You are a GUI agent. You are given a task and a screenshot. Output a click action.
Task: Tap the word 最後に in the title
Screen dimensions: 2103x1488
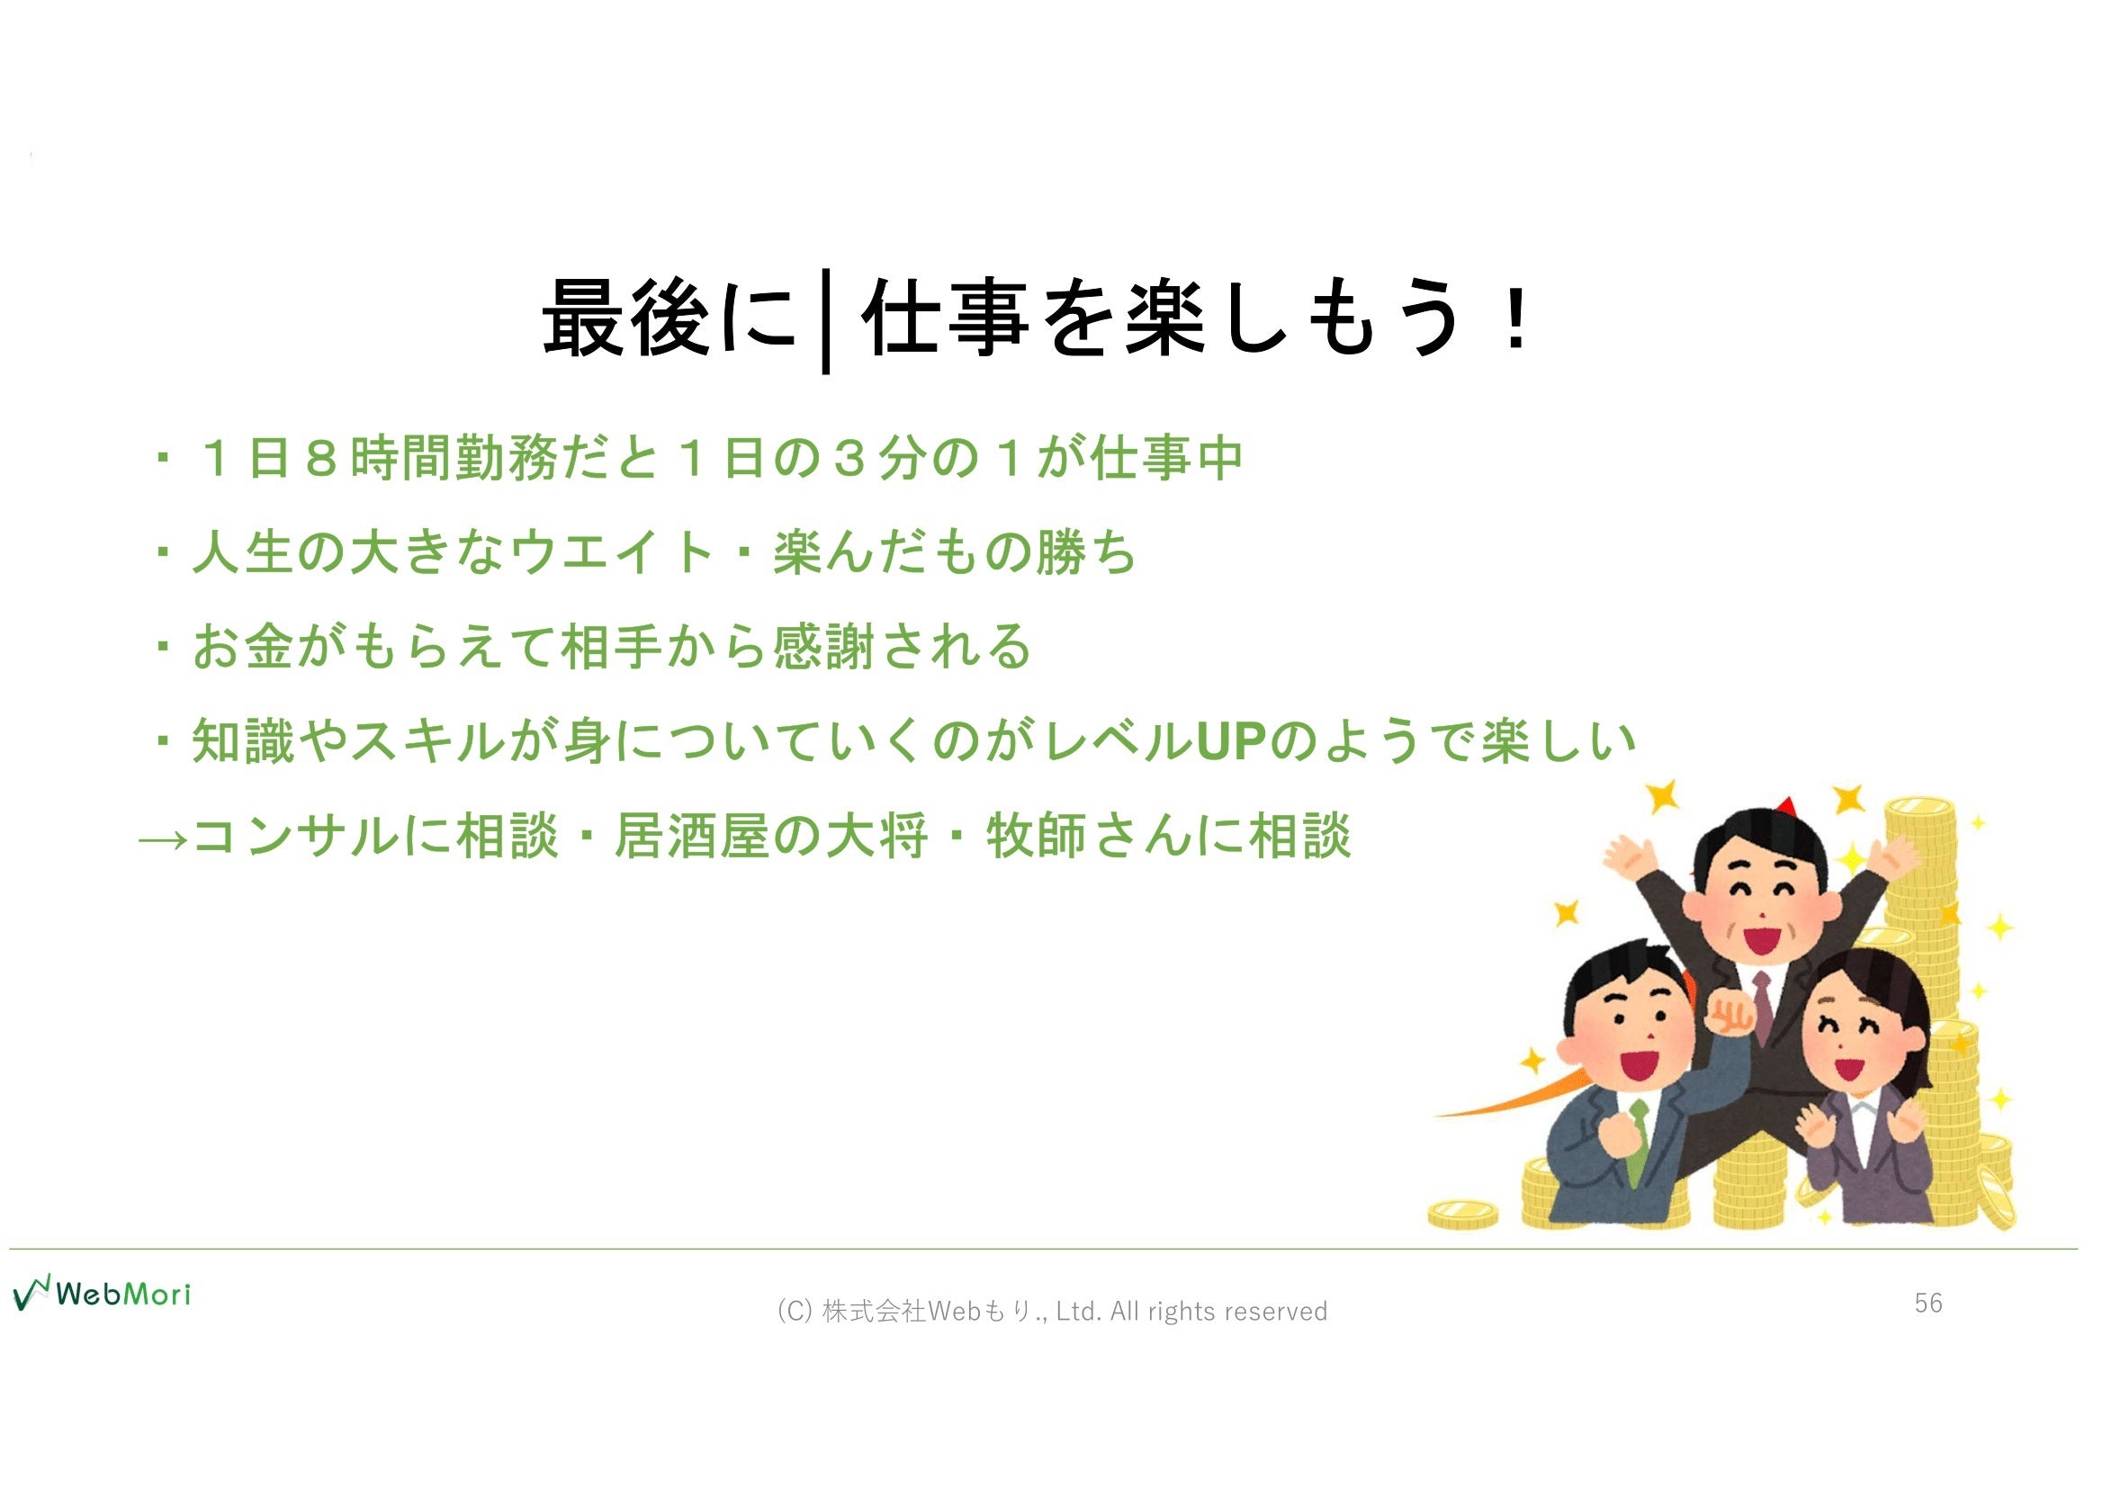[670, 318]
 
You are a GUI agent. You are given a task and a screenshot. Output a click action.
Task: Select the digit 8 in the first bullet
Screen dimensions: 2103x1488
[322, 458]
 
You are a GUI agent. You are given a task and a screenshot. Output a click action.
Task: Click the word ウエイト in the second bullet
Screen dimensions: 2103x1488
[612, 552]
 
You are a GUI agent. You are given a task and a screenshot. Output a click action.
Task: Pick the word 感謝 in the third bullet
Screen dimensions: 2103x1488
[823, 647]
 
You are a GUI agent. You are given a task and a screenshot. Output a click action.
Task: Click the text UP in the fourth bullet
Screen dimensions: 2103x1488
[1233, 741]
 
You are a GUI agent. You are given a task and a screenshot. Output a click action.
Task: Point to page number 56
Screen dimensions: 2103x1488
[1928, 1303]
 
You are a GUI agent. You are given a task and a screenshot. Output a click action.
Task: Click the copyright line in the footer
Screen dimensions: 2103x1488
[1052, 1311]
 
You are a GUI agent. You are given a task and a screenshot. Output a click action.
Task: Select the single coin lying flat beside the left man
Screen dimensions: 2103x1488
[1463, 1215]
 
